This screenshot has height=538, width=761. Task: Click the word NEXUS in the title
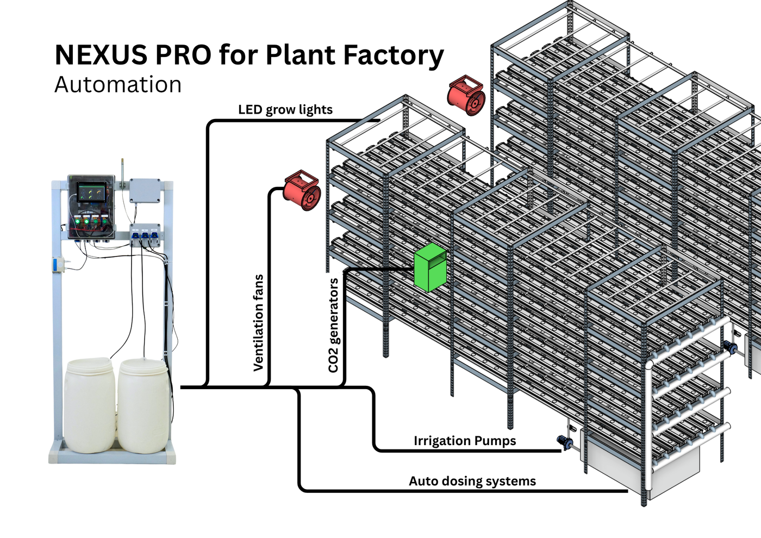tap(101, 55)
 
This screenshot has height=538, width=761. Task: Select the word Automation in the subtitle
tap(118, 85)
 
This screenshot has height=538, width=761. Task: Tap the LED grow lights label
tap(285, 110)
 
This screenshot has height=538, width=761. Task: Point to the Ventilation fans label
tap(259, 323)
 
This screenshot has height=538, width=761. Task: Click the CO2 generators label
tap(333, 326)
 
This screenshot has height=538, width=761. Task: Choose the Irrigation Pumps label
tap(465, 441)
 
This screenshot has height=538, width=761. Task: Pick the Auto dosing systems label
tap(472, 481)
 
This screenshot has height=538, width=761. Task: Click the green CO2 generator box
tap(430, 267)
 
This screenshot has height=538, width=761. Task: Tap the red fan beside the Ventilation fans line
tap(302, 191)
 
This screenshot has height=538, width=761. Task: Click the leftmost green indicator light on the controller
tap(78, 221)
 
